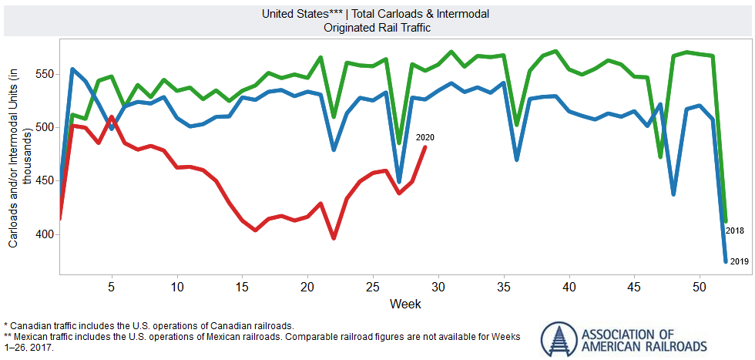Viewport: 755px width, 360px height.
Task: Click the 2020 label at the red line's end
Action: (425, 137)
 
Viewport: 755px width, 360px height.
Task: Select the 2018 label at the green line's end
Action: (734, 230)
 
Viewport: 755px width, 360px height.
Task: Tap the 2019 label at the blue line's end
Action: (739, 262)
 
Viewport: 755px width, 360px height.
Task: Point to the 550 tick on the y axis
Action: (43, 74)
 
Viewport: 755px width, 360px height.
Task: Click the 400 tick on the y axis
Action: (43, 234)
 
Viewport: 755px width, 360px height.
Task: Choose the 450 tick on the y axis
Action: (43, 181)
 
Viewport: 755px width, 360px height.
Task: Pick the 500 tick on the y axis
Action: (43, 127)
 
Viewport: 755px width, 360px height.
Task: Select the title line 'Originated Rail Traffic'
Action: (377, 27)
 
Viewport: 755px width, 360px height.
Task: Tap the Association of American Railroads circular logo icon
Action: (557, 339)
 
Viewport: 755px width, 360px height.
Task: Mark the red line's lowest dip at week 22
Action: (334, 238)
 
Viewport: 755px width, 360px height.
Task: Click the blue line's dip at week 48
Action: (673, 193)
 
